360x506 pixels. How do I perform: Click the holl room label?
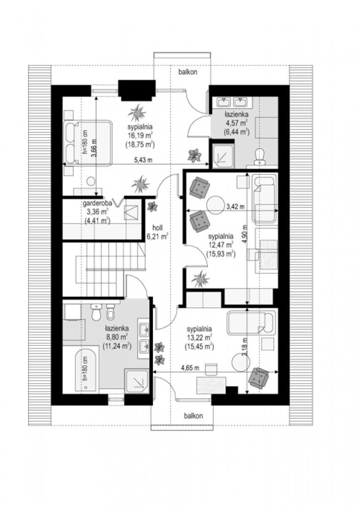[158, 227]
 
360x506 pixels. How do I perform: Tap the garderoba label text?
[97, 203]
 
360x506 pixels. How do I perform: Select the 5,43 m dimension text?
[143, 160]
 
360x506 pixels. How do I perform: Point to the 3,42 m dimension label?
[235, 206]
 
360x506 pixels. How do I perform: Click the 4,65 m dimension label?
[190, 368]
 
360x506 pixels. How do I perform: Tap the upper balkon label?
[188, 72]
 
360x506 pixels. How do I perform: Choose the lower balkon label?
[193, 422]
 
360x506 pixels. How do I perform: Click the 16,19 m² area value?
[140, 135]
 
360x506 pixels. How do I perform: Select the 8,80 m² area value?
[117, 337]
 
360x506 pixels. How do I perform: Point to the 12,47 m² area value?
[220, 245]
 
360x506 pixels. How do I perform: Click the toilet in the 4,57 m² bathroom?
[260, 156]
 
